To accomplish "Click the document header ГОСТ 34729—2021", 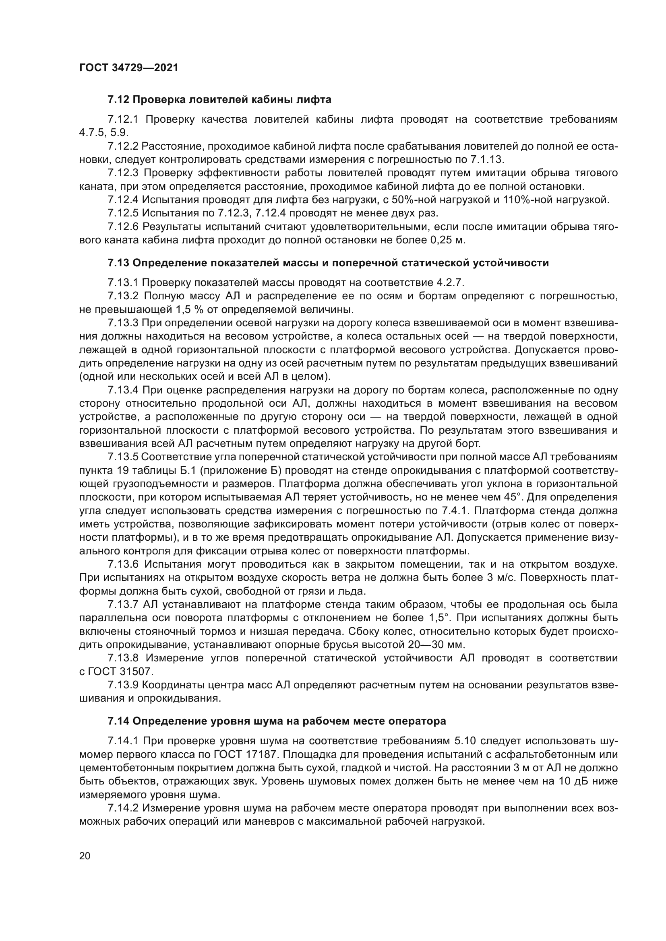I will coord(129,68).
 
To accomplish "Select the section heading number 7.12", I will coord(118,100).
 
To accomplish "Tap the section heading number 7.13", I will coord(118,263).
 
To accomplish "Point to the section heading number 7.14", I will coord(118,721).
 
